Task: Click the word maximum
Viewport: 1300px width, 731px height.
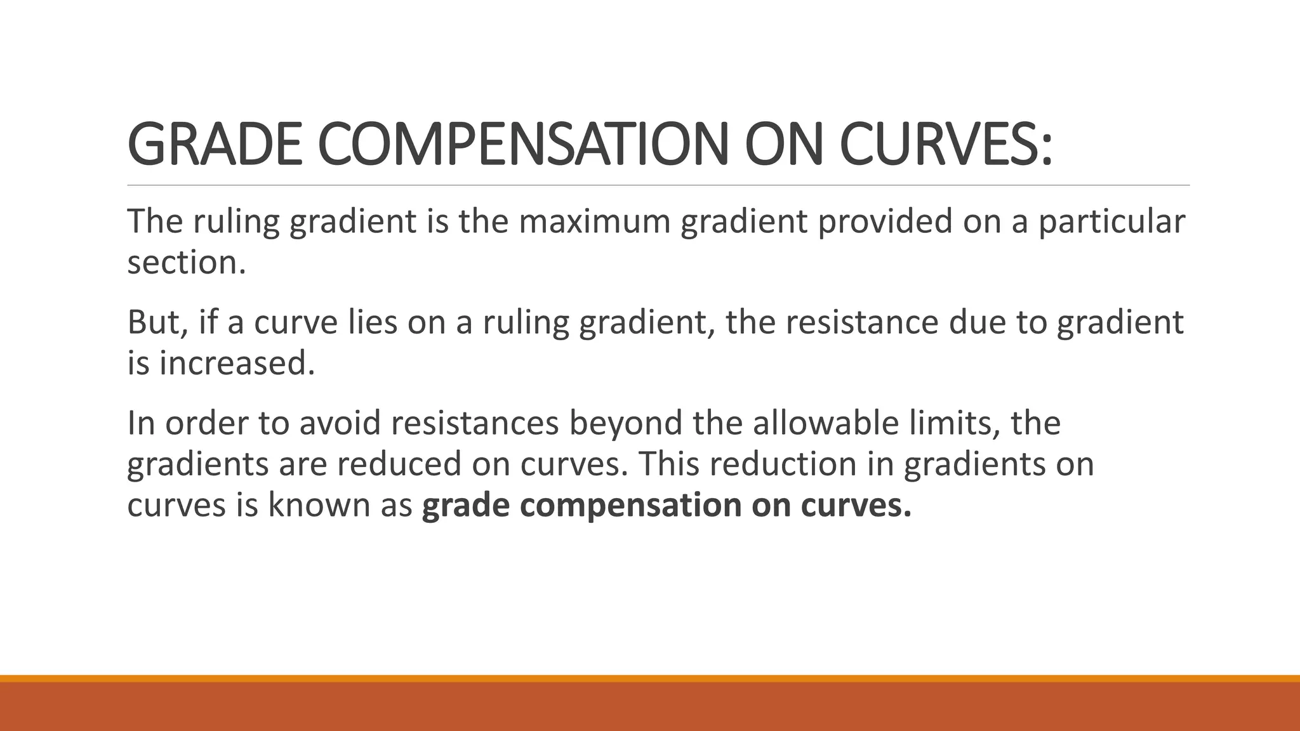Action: (x=594, y=221)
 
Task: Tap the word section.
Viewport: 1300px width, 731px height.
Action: (x=186, y=262)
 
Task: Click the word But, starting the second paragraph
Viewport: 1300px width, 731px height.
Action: (x=157, y=322)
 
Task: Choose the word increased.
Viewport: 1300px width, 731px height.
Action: (x=237, y=363)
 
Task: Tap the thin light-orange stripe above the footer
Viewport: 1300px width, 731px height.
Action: (x=650, y=678)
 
